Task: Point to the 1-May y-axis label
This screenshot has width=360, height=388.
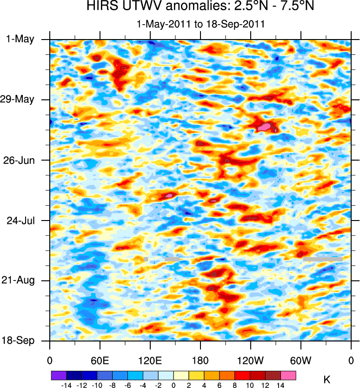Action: click(20, 39)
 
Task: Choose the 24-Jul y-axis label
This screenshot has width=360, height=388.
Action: click(20, 220)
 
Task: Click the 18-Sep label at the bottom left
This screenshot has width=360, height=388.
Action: click(19, 341)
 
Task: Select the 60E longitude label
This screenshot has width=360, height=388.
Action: click(100, 360)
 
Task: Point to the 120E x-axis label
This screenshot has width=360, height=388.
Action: click(150, 360)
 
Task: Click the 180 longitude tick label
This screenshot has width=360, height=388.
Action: click(200, 360)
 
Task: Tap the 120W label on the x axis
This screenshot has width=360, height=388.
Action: click(251, 360)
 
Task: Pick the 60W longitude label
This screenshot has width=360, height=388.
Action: click(301, 360)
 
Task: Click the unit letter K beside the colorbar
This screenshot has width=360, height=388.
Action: click(327, 380)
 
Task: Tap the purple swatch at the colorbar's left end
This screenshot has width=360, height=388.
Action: click(59, 375)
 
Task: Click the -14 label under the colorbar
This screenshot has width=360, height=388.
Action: click(66, 385)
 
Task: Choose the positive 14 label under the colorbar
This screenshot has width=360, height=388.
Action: click(281, 385)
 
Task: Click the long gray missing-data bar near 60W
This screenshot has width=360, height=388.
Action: click(323, 259)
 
